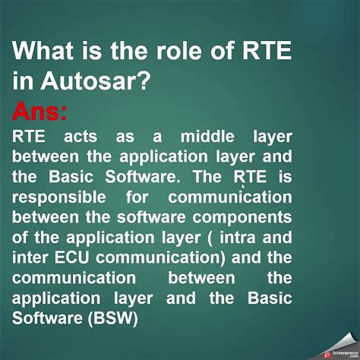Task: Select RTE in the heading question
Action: (x=264, y=53)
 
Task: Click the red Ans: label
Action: (x=39, y=112)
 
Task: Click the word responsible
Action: (x=58, y=197)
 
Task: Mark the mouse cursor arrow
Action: (x=243, y=185)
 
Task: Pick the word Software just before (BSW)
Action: (x=46, y=317)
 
